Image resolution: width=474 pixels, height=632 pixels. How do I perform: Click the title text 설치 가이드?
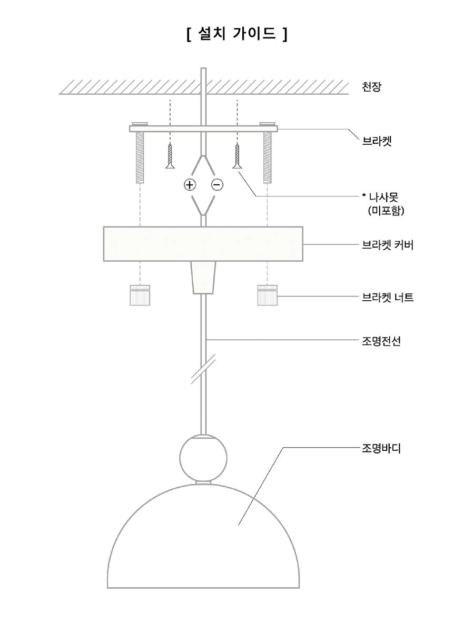click(x=237, y=35)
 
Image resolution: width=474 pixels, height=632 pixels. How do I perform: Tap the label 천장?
click(x=371, y=87)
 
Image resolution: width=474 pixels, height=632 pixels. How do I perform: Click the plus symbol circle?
click(x=190, y=184)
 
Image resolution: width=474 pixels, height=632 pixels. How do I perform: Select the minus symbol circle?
click(x=218, y=184)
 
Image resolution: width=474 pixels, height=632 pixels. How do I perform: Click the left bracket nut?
click(x=140, y=295)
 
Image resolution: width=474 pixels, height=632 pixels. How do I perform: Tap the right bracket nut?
click(x=268, y=295)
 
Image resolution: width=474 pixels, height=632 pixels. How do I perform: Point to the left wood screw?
click(x=170, y=156)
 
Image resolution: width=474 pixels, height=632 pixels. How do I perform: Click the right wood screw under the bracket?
click(x=237, y=156)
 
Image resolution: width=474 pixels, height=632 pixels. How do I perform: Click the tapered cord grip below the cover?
click(x=203, y=278)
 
